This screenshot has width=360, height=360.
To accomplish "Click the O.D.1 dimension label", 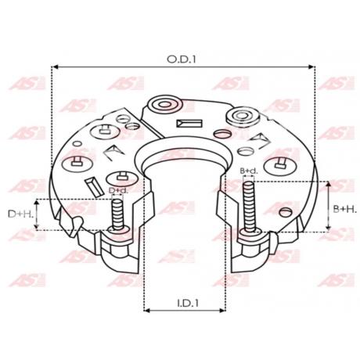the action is (181, 59).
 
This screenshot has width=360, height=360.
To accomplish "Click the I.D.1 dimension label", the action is (188, 303).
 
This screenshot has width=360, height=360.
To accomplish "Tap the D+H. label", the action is (20, 214).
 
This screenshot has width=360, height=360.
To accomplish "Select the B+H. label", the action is (344, 209).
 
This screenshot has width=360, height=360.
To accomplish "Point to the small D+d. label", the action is (118, 190).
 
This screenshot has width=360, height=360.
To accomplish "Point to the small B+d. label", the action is (249, 171).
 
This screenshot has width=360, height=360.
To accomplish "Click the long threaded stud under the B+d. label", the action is (249, 207).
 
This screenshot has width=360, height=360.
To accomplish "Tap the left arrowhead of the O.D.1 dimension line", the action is (54, 67).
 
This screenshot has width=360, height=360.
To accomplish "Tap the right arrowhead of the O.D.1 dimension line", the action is (311, 67).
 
